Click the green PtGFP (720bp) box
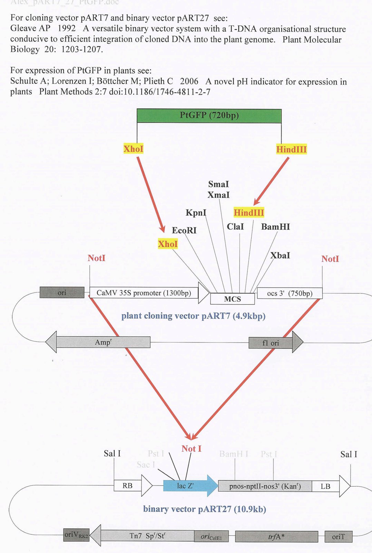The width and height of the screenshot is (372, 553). (209, 116)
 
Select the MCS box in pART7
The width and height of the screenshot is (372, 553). (232, 299)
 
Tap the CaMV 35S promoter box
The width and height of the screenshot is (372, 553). (144, 293)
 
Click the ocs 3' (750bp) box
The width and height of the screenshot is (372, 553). (290, 293)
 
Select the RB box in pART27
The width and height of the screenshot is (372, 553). (127, 486)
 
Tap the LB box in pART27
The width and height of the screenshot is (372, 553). (325, 486)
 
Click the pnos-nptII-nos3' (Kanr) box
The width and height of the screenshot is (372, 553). (265, 486)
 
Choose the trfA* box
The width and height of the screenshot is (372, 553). (276, 537)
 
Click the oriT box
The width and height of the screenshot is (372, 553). (338, 537)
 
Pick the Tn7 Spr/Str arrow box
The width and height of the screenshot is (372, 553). (147, 536)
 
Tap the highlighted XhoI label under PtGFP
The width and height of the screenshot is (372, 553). (133, 149)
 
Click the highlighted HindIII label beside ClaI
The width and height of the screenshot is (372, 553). (248, 213)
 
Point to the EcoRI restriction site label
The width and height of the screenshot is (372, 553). (184, 230)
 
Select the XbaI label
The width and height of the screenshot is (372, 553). (280, 255)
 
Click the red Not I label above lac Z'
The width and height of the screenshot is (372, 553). (192, 449)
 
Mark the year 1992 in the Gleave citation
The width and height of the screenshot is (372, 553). (66, 28)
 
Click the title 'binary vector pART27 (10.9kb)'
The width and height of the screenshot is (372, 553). (204, 509)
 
